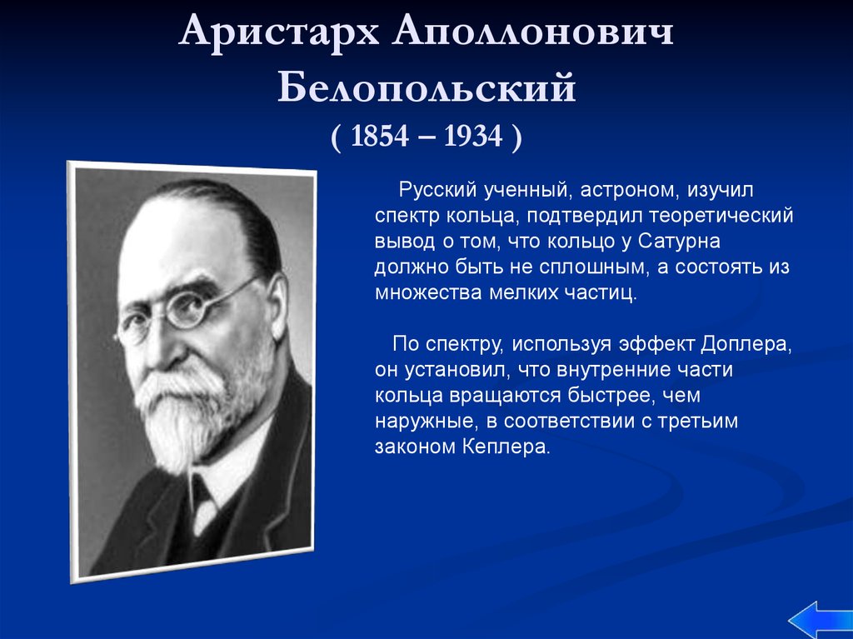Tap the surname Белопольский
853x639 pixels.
coord(426,87)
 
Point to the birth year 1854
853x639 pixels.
coord(379,136)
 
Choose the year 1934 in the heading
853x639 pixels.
coord(473,136)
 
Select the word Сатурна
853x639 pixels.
coord(679,241)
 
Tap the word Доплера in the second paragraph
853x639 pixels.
coord(746,345)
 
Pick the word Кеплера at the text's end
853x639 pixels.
coord(506,447)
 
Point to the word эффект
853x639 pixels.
coord(656,345)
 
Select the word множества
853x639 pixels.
coord(429,292)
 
